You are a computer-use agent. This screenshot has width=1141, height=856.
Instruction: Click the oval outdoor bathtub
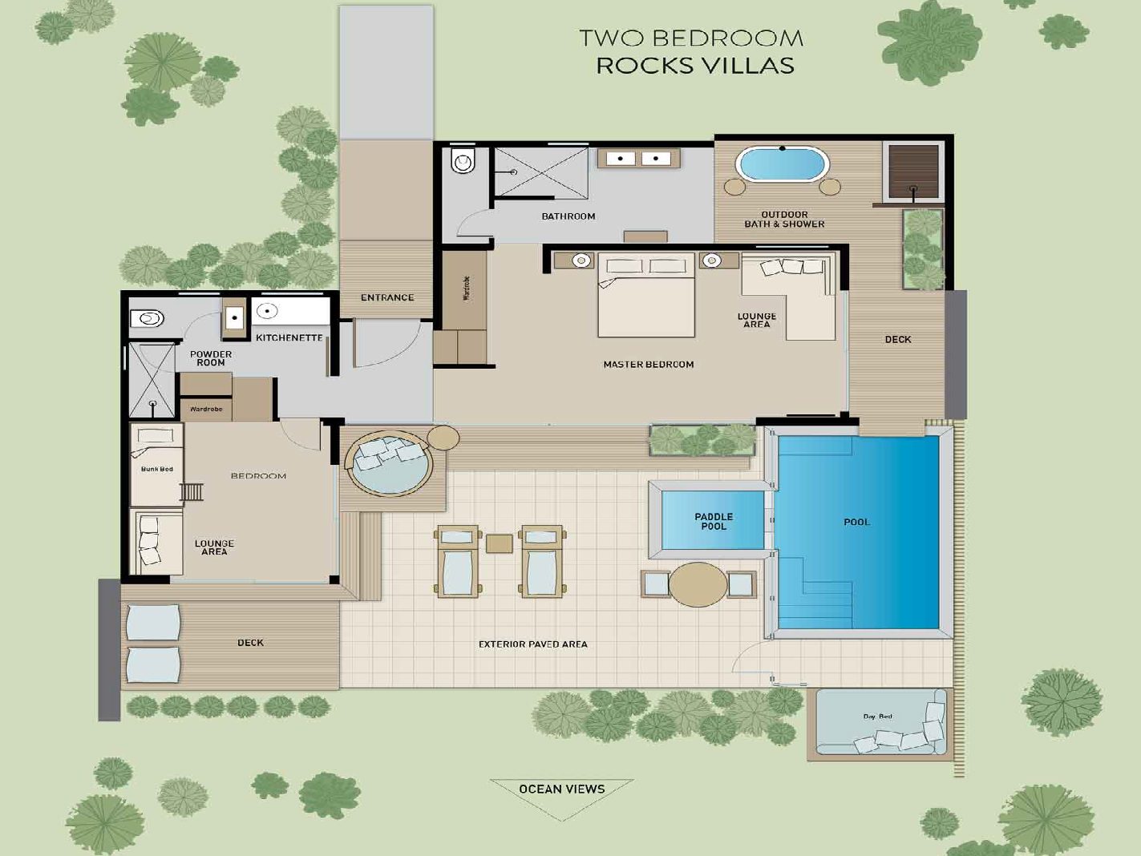coord(783,164)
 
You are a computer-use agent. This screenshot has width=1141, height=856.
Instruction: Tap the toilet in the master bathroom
coord(462,159)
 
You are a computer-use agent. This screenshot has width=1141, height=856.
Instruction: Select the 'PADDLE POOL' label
coord(714,522)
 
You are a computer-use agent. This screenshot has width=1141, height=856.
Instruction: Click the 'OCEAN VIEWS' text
coord(562,789)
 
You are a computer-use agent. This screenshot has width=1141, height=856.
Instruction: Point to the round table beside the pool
coord(698,584)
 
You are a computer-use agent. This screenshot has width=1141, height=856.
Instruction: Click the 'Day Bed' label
coord(877,717)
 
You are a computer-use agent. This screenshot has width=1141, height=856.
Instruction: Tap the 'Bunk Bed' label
coord(157,469)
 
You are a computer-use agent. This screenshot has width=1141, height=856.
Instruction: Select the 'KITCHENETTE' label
coord(289,337)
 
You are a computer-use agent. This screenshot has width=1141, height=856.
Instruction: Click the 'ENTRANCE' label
coord(387,297)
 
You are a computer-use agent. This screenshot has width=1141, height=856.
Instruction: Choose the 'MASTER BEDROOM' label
coord(648,365)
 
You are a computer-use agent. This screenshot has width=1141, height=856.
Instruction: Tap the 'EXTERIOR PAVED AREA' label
coord(532,644)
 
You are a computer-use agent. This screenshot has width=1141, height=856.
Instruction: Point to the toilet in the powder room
coord(148,318)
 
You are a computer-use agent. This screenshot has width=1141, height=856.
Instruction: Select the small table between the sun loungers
coord(499,544)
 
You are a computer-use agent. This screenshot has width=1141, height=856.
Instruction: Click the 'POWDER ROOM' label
coord(211,358)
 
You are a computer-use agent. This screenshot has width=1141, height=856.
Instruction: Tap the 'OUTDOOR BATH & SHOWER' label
coord(784,219)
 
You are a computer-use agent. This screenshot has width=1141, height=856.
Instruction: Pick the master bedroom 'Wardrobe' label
coord(467,288)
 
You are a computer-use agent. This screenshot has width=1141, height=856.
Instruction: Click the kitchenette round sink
coord(267,311)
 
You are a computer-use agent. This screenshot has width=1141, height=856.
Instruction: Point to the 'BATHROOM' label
coord(568,216)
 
